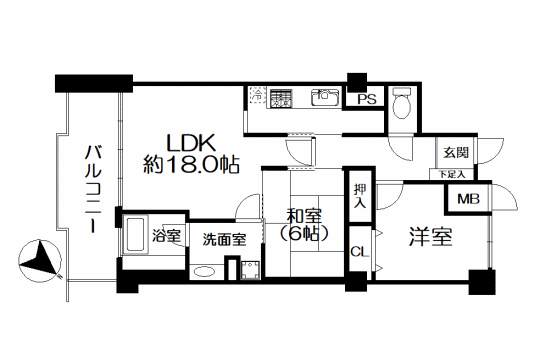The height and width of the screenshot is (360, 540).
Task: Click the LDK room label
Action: pos(191,143)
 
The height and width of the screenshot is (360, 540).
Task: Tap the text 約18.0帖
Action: pos(191,164)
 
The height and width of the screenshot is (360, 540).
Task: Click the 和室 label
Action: pos(304,217)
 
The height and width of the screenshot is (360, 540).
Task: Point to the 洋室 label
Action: pos(430,237)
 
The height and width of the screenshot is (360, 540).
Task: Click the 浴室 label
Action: pos(166,236)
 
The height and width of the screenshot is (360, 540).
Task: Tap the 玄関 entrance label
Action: pos(456,152)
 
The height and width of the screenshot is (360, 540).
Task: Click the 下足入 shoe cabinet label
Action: pos(452,175)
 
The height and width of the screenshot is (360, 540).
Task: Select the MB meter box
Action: pos(468,199)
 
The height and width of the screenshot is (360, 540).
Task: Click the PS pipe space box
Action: pos(366,100)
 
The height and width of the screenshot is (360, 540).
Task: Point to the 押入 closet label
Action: pos(360,196)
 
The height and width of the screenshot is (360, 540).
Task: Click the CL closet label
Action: pos(360,252)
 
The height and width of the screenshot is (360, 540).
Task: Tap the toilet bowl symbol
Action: pos(402,102)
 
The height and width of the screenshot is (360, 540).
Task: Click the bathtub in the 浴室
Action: pos(135,235)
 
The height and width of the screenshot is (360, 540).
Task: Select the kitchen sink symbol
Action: pos(324,98)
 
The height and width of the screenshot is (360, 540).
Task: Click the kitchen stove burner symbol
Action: pos(281,98)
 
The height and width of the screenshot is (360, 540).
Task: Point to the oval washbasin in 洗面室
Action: pos(205,271)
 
